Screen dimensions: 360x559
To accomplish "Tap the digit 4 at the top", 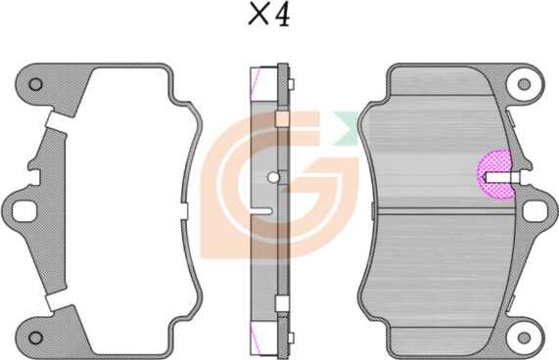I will (283, 15).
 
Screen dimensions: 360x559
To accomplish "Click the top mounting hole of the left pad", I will (35, 84).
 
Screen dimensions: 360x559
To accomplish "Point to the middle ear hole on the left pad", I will (21, 209).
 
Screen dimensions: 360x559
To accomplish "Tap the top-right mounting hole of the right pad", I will (529, 84).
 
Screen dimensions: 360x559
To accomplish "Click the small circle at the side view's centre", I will (273, 177).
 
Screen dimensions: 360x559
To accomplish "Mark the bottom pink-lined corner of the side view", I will (260, 337).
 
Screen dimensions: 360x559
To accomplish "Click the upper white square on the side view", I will (282, 119).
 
